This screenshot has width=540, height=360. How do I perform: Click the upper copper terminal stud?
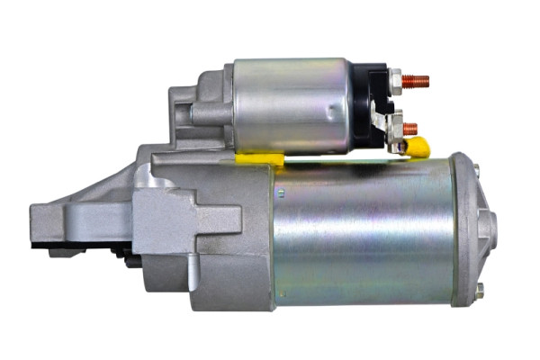click(x=415, y=81)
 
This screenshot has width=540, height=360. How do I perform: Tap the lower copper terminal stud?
click(x=409, y=129)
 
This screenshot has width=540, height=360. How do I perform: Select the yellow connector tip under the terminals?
click(x=416, y=146)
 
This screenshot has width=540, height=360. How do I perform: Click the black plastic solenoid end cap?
click(x=369, y=103)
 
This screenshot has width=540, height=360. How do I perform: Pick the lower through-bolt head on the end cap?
click(x=479, y=290)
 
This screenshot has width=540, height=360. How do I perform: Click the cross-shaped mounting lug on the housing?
click(x=184, y=220)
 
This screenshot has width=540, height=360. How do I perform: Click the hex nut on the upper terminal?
click(x=396, y=82)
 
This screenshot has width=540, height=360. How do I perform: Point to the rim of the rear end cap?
click(x=463, y=229)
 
